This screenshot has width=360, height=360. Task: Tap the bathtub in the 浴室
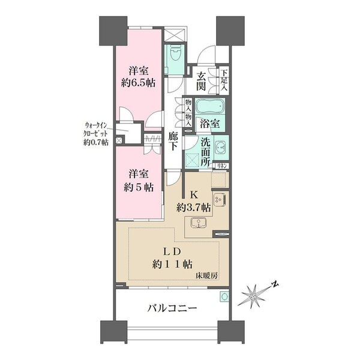tap(209, 106)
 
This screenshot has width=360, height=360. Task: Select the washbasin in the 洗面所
tap(221, 147)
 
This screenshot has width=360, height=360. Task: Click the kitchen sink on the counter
tap(199, 223)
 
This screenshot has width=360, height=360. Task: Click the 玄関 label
tap(201, 81)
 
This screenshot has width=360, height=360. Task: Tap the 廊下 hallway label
tap(173, 142)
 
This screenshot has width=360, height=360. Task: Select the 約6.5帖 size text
tap(138, 83)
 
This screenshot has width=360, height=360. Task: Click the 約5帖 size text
tap(139, 188)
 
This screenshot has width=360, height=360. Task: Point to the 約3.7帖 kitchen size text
tap(194, 208)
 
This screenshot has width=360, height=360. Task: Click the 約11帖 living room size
tap(172, 265)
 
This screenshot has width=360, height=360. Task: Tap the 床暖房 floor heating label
tap(206, 275)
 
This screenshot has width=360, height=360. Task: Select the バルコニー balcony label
tap(172, 308)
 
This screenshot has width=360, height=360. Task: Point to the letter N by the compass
tap(275, 284)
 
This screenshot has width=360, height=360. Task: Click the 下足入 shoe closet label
tap(224, 80)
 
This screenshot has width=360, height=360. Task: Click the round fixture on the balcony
tap(224, 297)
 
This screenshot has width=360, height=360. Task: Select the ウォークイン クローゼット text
tap(95, 129)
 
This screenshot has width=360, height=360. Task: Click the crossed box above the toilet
tap(175, 35)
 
